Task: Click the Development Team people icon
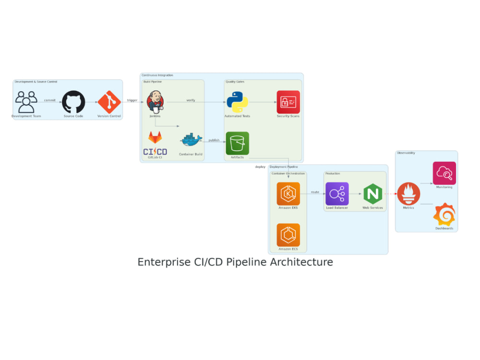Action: (26, 102)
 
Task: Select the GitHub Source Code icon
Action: (73, 102)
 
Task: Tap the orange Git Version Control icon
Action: (109, 102)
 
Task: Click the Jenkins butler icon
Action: (155, 102)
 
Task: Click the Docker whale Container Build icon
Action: (191, 140)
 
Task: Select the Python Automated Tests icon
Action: (237, 102)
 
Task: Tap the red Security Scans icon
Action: (288, 102)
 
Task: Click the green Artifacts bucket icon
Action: (237, 143)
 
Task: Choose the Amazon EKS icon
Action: (288, 193)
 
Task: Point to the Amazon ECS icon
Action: (288, 235)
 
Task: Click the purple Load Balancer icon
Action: (337, 193)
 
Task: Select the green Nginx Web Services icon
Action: (372, 193)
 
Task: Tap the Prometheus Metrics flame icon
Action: (408, 194)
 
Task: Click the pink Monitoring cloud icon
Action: (444, 173)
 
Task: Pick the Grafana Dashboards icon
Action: (444, 215)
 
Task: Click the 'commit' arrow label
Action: (49, 100)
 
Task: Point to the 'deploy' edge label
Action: (260, 167)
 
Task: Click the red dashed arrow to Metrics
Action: (391, 194)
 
